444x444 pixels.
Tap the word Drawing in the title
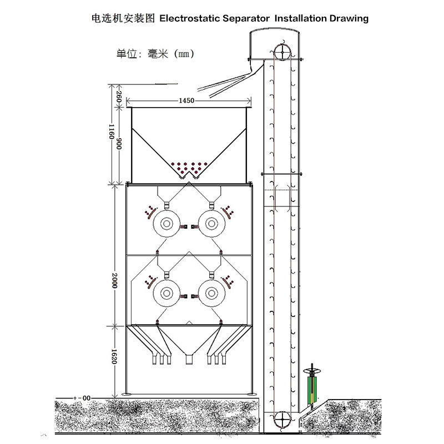(x=349, y=18)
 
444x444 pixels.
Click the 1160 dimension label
(x=111, y=133)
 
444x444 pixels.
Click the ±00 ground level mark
(x=83, y=398)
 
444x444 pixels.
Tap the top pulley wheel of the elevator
(x=282, y=52)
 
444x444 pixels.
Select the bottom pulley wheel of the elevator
(x=281, y=418)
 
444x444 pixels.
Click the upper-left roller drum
(x=165, y=223)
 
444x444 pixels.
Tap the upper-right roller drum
(x=211, y=223)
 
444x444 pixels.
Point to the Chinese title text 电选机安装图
(x=123, y=18)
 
